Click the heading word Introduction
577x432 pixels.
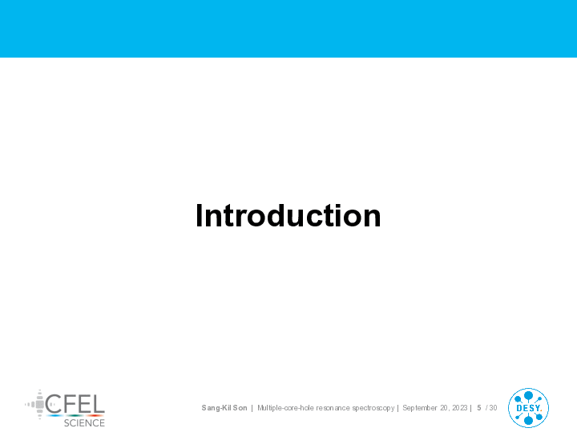[x=288, y=216]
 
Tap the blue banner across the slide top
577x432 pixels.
[x=288, y=29]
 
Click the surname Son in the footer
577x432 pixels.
[x=240, y=408]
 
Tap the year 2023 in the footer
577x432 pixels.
[x=460, y=408]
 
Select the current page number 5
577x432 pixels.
[x=479, y=408]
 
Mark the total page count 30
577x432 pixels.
[x=493, y=408]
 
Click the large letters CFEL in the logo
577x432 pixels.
[x=75, y=404]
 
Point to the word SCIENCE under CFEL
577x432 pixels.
[x=84, y=423]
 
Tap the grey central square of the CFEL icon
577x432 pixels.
[x=40, y=405]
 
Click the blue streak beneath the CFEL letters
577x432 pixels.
[x=55, y=416]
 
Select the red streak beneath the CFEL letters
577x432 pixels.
[x=95, y=416]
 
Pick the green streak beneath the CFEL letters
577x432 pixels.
[x=75, y=416]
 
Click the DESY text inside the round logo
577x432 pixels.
[x=529, y=408]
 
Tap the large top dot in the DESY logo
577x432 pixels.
[x=528, y=396]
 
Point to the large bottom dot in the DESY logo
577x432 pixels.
[x=528, y=420]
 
